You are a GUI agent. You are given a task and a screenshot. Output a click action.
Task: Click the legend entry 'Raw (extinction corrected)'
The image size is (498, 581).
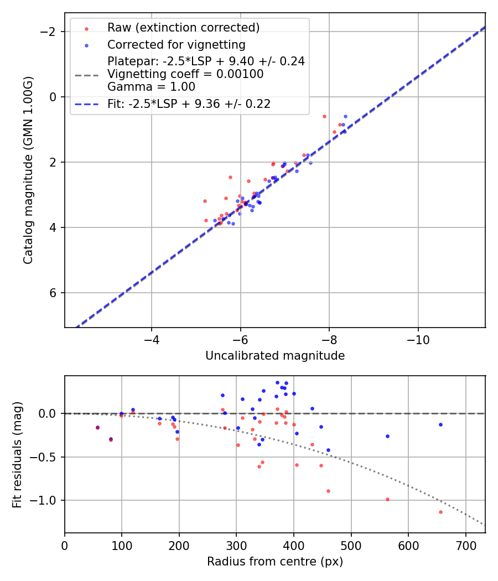(x=183, y=28)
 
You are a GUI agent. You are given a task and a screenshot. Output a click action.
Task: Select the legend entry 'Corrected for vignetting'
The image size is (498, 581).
(x=176, y=44)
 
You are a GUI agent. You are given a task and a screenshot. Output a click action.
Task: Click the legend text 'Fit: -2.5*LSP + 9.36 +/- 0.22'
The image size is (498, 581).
(x=189, y=104)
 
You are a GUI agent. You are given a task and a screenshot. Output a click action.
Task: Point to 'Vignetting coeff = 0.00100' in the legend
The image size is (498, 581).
(x=185, y=74)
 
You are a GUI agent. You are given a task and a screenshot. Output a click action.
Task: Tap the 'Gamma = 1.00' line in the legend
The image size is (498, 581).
(x=151, y=87)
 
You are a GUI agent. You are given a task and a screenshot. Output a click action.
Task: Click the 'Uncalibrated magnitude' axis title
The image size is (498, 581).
(x=275, y=356)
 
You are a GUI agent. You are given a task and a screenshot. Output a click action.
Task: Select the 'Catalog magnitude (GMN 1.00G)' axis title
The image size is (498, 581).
(x=28, y=170)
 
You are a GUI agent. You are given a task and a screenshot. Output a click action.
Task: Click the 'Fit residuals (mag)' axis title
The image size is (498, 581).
(x=17, y=454)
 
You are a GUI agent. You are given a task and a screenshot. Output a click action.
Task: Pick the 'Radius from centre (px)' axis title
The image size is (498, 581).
(x=275, y=562)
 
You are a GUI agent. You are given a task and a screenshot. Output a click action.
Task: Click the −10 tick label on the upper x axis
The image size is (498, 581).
(x=418, y=339)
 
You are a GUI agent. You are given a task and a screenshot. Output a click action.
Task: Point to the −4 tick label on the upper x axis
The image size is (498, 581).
(x=152, y=339)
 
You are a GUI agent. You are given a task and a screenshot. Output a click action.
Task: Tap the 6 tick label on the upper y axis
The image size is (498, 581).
(x=54, y=293)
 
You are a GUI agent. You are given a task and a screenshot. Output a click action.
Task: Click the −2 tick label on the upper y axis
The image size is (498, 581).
(x=50, y=32)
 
